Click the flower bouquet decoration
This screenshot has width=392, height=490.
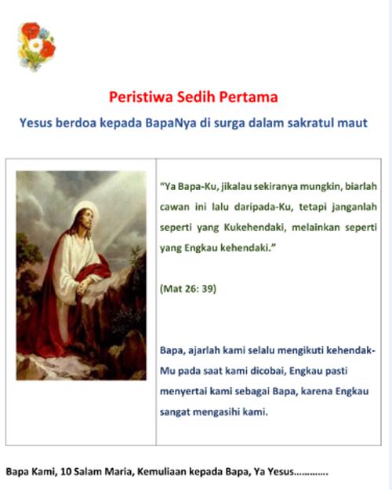click(37, 46)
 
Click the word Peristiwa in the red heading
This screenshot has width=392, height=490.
click(141, 97)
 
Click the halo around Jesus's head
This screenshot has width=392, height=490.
click(85, 214)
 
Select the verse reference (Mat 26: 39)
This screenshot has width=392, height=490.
click(188, 288)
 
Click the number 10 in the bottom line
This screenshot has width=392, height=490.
click(66, 472)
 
